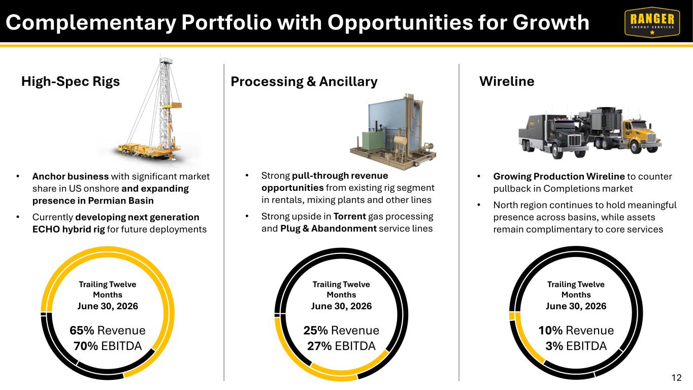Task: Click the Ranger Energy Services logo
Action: point(652,22)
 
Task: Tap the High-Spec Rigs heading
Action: point(71,81)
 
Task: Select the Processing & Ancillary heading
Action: point(304,82)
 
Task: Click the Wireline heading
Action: point(507,81)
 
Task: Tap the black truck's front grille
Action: point(575,141)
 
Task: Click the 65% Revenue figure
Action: point(107,330)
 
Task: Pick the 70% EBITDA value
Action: point(107,346)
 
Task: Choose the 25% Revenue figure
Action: point(341,330)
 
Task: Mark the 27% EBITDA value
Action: point(341,346)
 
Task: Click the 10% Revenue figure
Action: point(576,330)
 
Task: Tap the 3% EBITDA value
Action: point(576,346)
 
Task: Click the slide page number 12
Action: point(677,378)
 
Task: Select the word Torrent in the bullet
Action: point(350,216)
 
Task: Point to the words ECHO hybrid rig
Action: point(69,230)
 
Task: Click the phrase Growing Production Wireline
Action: point(559,176)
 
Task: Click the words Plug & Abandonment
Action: point(328,229)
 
